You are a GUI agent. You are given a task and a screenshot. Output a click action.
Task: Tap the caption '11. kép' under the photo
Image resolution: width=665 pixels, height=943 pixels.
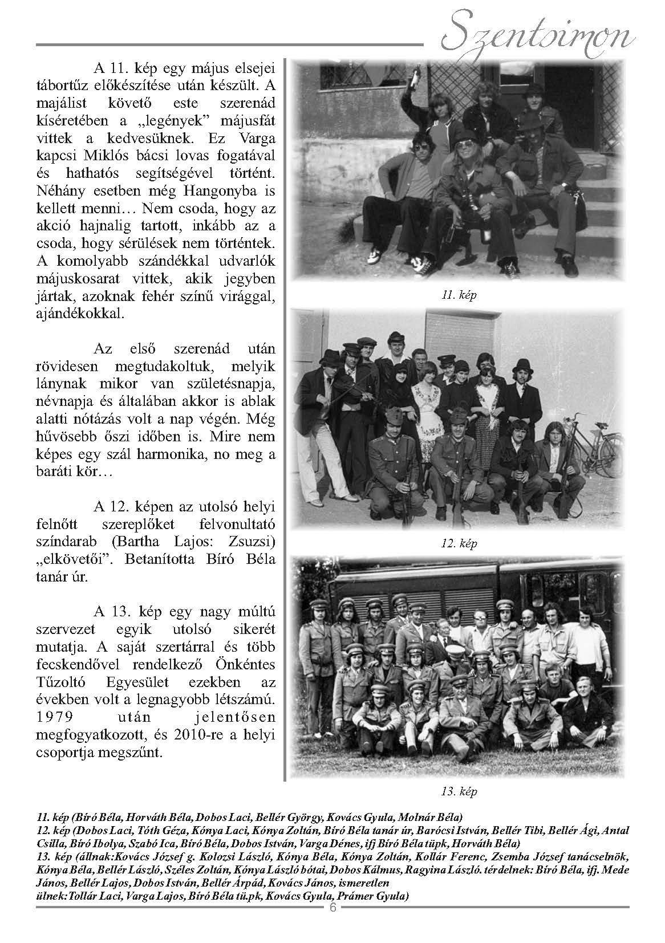tap(459, 295)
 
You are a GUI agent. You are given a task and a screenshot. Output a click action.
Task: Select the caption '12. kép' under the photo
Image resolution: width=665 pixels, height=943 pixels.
tap(459, 543)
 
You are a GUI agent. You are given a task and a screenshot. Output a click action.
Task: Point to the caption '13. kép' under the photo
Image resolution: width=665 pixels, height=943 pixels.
tap(459, 791)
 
